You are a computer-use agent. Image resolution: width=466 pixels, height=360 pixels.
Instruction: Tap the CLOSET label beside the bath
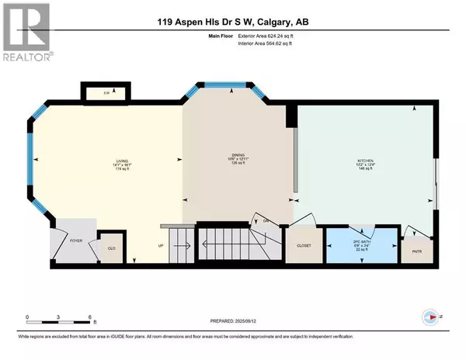[x=304, y=244]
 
